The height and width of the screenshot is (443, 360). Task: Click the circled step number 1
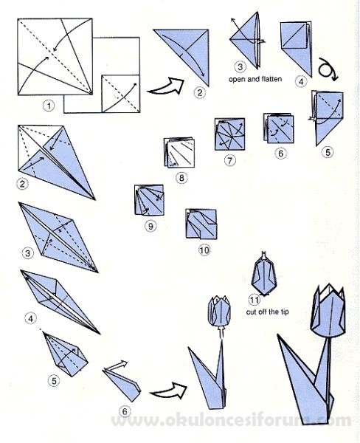(49, 106)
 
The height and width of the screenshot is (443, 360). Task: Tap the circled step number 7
(230, 160)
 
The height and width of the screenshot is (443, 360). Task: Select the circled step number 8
(181, 178)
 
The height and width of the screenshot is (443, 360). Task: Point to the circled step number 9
(150, 226)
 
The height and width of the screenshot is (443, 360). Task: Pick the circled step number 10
(204, 250)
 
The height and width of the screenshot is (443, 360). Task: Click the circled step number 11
(255, 300)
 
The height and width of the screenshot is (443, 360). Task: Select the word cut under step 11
(251, 312)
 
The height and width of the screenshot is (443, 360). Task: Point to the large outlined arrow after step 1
(166, 86)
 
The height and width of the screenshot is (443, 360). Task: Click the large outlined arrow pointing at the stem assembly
(169, 391)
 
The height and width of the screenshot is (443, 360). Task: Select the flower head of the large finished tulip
(328, 312)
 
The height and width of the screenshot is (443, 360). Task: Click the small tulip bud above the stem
(219, 311)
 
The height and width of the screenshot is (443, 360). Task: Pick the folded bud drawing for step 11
(263, 274)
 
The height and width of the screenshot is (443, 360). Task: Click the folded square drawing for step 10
(201, 224)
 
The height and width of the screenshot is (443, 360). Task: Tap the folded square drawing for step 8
(179, 153)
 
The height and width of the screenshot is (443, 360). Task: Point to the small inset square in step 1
(120, 94)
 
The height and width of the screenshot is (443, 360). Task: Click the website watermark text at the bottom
(231, 421)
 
